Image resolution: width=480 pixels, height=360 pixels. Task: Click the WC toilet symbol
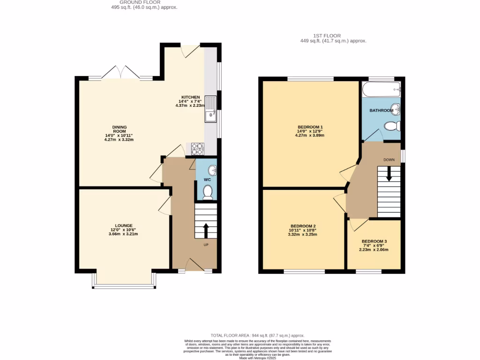point(208,192)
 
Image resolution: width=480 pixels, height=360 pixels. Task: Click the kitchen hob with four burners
point(197,149)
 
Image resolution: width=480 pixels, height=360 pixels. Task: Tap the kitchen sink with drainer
point(210,109)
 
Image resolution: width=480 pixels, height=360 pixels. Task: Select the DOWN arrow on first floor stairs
point(389,175)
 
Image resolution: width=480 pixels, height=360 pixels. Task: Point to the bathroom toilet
point(391,126)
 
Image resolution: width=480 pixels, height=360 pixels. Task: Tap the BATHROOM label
point(381,111)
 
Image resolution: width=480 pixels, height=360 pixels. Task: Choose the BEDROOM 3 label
point(374,241)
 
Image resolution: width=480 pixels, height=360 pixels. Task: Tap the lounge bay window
point(124,285)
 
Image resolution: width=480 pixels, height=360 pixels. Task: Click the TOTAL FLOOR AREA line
point(257,336)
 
